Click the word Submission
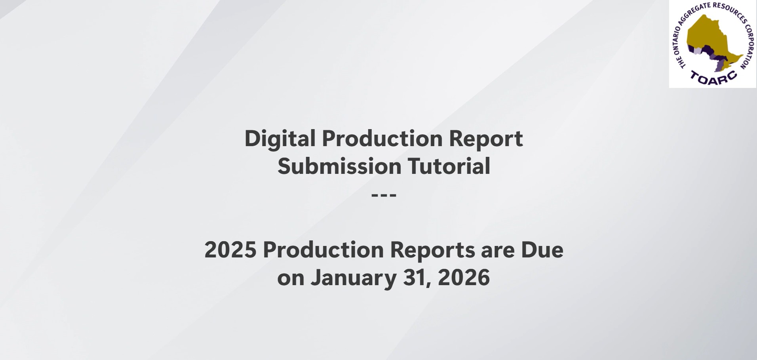[339, 166]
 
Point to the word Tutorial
[449, 166]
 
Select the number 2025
[230, 250]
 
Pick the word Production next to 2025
[323, 250]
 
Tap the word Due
[542, 250]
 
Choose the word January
[353, 278]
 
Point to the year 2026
[464, 278]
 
